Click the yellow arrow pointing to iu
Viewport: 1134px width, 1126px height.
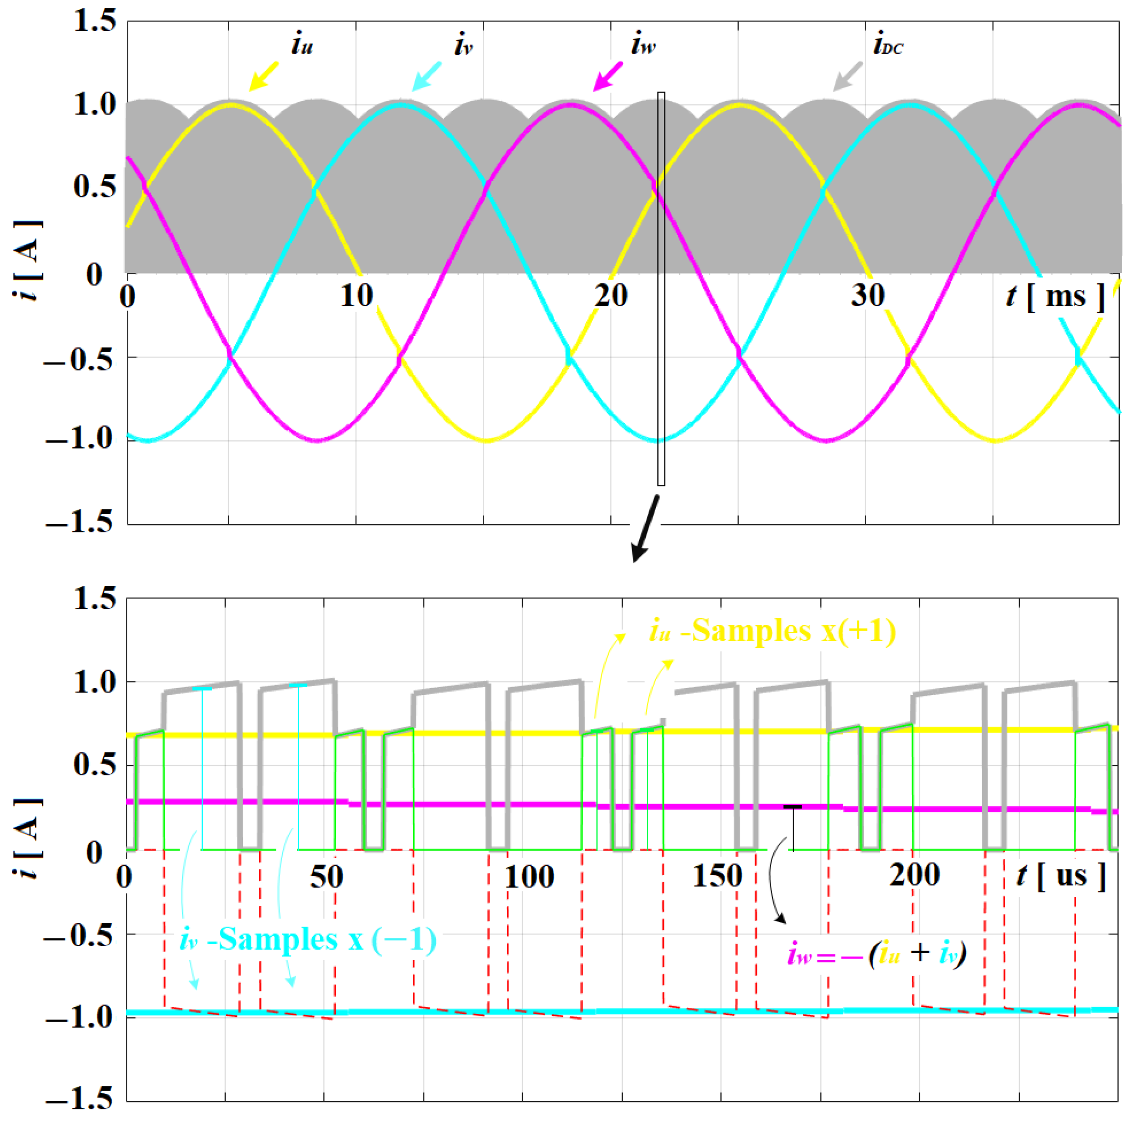pos(263,76)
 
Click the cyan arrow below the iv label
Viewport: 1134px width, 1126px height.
pos(426,76)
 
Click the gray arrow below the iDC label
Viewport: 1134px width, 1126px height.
pos(848,76)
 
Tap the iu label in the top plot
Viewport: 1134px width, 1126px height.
pos(302,45)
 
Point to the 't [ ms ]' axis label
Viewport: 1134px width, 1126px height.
pos(1055,296)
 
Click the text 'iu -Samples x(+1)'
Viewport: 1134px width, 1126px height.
pos(772,632)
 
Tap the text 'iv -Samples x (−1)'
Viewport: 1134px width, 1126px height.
pos(307,939)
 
